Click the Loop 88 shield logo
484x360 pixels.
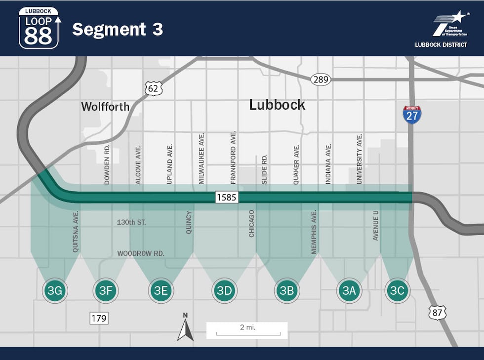pos(39,28)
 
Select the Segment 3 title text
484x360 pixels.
pos(118,30)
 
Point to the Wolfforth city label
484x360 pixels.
pos(105,107)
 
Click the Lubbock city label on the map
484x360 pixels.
pos(277,105)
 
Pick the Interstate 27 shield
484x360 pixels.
pos(412,115)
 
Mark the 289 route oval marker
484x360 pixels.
pos(321,79)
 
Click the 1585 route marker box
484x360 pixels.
pos(227,198)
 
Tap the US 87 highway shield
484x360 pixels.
pos(437,312)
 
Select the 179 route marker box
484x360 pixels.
pos(99,318)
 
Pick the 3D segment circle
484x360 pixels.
pos(224,290)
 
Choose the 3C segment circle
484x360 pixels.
pos(397,290)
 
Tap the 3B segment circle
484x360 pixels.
pos(286,290)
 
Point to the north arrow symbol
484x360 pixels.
pos(185,327)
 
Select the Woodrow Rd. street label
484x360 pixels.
pos(140,253)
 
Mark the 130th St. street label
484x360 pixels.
pos(131,223)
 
